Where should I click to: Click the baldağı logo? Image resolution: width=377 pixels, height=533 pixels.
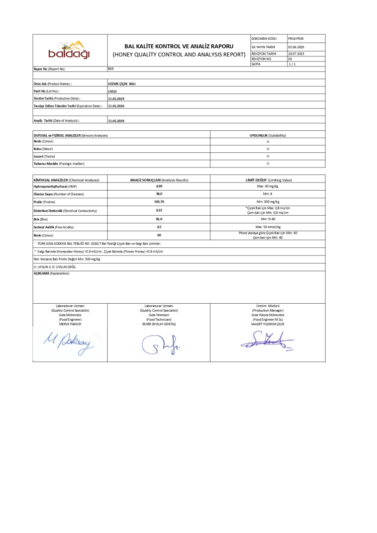point(69,49)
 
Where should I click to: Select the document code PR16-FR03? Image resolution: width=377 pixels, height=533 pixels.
point(296,38)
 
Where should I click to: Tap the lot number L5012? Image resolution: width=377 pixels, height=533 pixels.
point(113,91)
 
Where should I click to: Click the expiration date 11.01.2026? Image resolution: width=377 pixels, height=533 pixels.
point(117,106)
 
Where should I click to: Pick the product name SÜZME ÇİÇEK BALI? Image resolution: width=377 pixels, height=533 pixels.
point(122,83)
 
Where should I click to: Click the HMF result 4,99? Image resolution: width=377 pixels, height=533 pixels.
point(159,186)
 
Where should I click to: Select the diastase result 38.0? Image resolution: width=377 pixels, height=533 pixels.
point(159,194)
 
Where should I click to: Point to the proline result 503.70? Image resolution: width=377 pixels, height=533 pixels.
point(159,202)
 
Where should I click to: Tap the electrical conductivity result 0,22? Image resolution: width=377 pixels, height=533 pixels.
point(159,210)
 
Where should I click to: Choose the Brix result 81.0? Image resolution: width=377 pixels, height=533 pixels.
point(159,219)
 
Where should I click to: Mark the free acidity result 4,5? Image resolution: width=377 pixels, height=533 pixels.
point(159,227)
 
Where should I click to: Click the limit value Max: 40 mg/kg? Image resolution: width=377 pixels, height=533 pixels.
point(267,186)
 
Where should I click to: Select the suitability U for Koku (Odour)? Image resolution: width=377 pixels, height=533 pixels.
point(267,149)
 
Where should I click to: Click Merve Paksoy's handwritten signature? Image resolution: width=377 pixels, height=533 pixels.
point(70,343)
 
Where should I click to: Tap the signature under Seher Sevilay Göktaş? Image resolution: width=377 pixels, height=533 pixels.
point(161,344)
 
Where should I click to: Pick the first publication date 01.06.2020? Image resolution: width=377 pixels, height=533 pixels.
point(297,47)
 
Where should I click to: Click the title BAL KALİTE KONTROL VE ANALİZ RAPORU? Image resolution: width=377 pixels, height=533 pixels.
point(179,46)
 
